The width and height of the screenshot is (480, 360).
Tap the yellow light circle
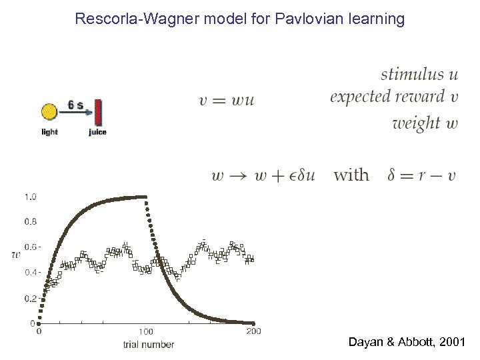[50, 112]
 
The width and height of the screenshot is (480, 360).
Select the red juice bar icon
[97, 112]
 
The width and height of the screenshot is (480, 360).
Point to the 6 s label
[75, 105]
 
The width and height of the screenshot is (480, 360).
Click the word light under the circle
[50, 132]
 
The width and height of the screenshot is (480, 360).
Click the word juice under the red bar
[97, 132]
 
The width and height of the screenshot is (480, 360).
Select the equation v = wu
[227, 101]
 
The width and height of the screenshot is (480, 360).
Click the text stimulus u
[419, 73]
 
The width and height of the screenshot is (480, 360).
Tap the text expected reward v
[394, 97]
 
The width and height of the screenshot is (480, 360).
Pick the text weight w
[425, 123]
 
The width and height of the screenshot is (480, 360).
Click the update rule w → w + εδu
[263, 175]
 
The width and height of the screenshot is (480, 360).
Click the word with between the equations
[351, 175]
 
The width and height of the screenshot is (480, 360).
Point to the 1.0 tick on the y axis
[30, 197]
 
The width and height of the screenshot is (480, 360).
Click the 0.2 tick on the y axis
[30, 298]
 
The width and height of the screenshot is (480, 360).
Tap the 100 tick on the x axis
[146, 331]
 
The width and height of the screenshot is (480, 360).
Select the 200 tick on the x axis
[253, 331]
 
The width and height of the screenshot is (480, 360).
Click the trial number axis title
[148, 345]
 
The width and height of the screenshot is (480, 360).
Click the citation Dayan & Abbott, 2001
[407, 343]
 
